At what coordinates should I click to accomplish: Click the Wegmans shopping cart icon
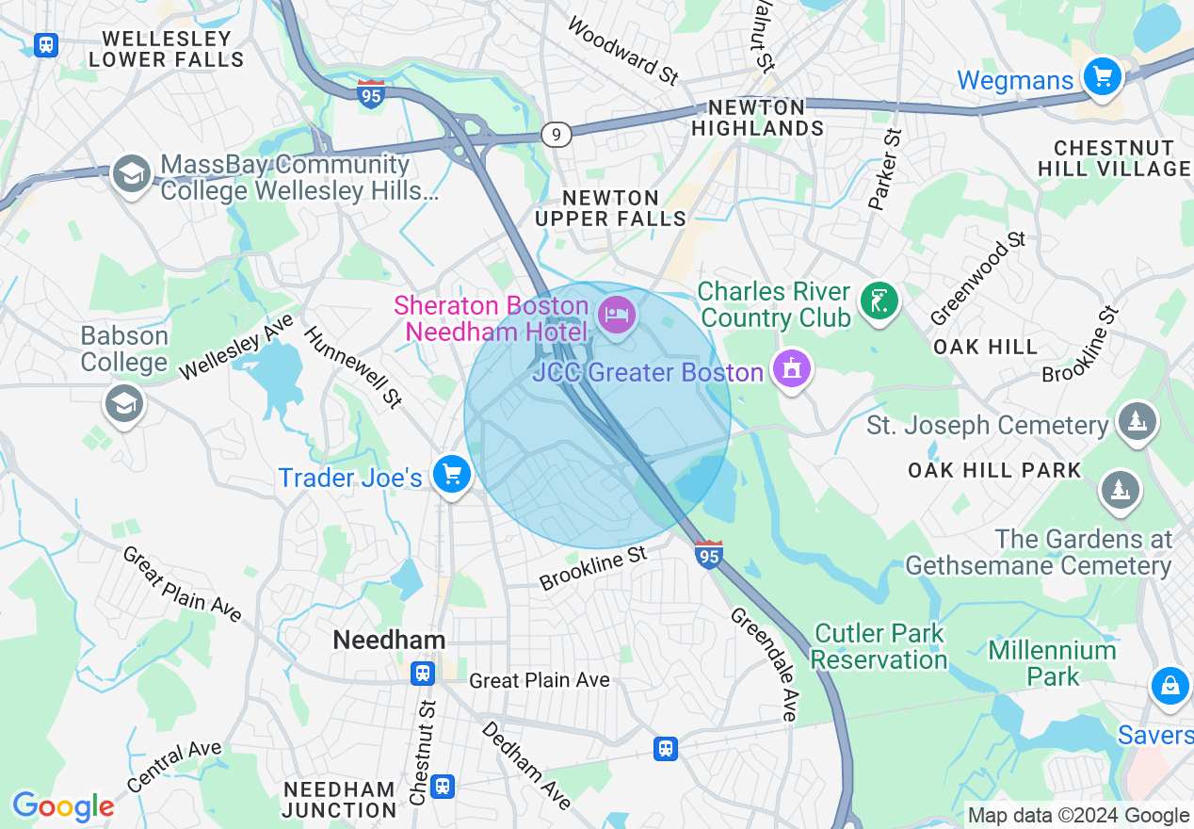tap(1102, 75)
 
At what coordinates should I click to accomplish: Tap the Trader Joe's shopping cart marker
tap(452, 474)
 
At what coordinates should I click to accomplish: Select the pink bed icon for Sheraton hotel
tap(616, 314)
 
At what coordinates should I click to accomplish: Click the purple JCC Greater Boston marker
tap(791, 368)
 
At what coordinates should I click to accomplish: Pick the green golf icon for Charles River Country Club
tap(879, 302)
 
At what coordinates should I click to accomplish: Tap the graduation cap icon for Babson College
tap(123, 404)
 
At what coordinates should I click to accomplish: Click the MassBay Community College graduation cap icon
tap(132, 173)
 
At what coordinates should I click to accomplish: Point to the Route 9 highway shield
tap(557, 136)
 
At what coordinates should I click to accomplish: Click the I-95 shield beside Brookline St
tap(709, 555)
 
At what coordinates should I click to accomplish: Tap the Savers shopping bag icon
tap(1170, 687)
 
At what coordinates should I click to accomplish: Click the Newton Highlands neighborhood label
tap(757, 118)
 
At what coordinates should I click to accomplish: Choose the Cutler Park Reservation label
tap(879, 646)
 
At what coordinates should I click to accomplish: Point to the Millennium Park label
tap(1053, 663)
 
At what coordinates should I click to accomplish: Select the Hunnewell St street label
tap(352, 367)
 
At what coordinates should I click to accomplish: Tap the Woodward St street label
tap(622, 51)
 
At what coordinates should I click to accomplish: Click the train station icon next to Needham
tap(423, 673)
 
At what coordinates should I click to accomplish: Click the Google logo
tap(63, 806)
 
